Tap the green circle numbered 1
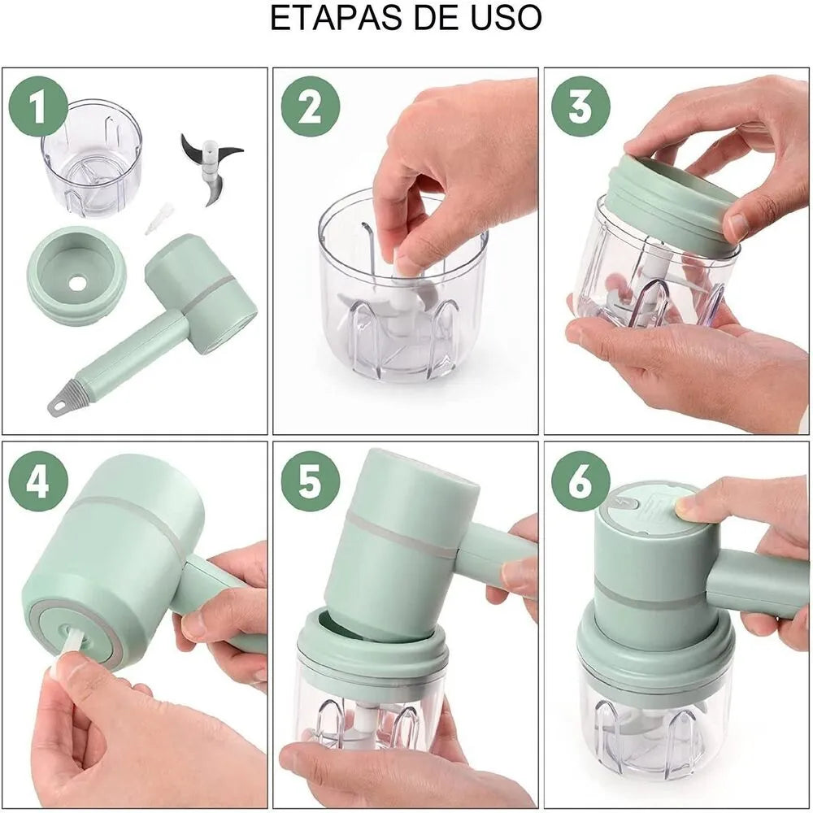coord(37,106)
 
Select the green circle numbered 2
coord(310,107)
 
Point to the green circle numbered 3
coord(580,107)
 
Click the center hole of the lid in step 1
coord(77,284)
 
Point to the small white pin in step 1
coord(160,218)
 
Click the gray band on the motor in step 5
coord(402,535)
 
